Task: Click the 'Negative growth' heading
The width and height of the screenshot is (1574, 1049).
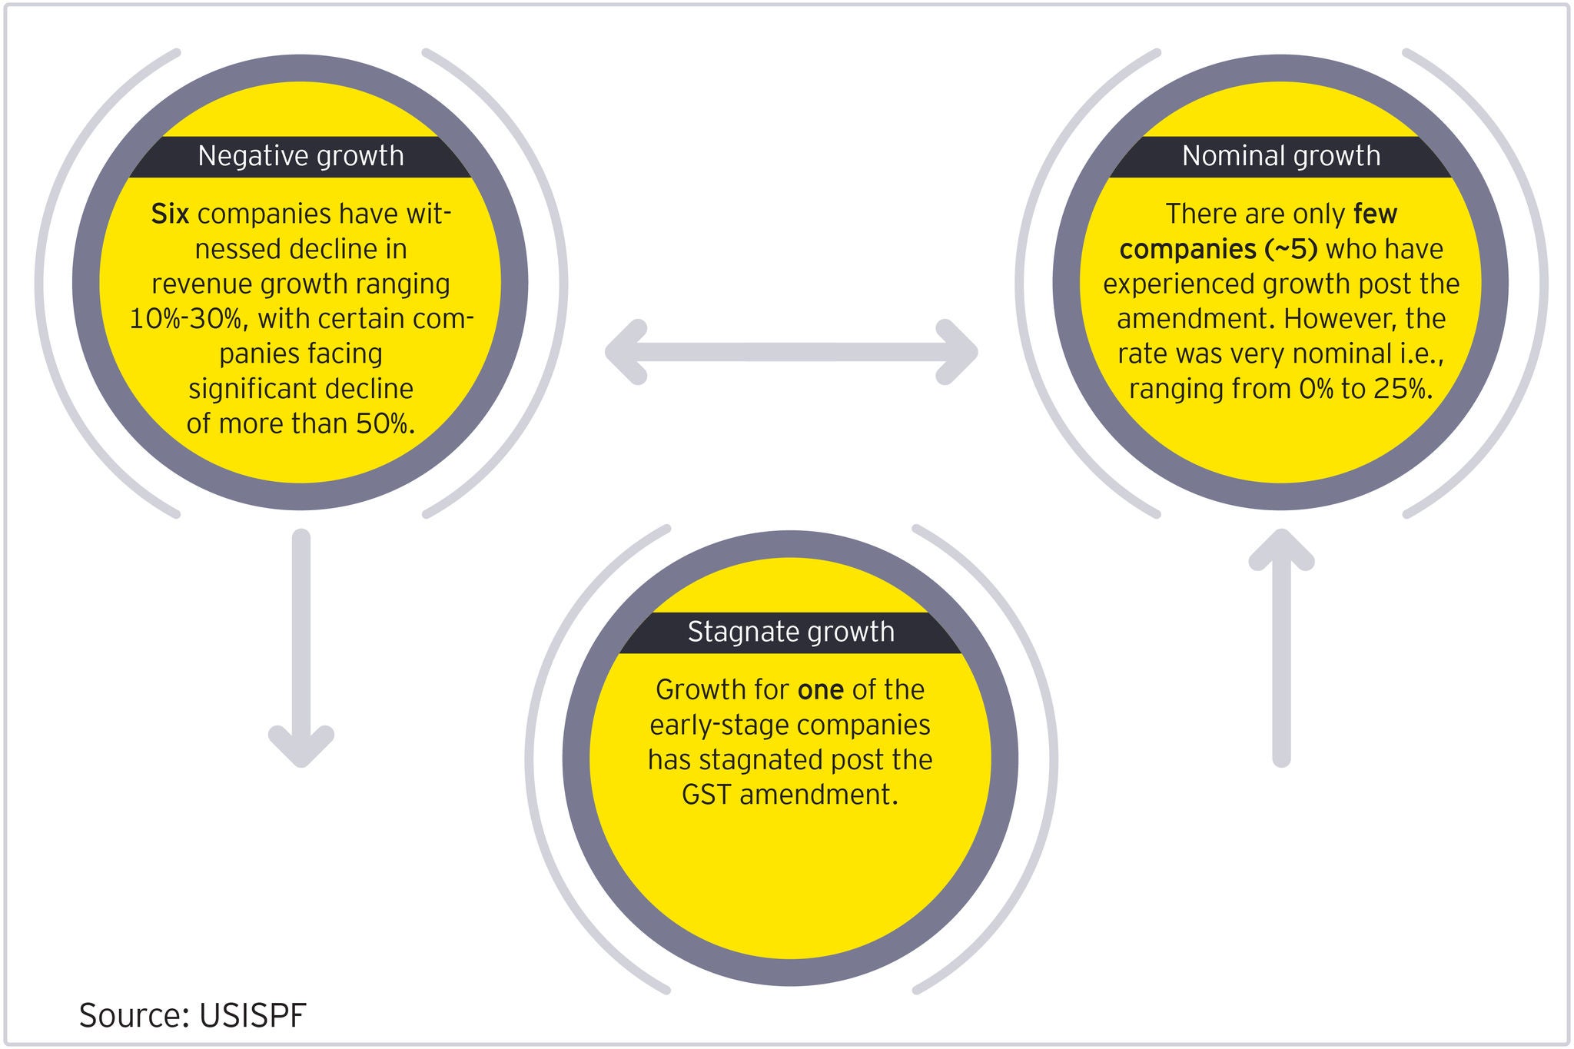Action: coord(301,156)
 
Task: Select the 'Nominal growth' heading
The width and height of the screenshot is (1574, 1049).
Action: coord(1280,156)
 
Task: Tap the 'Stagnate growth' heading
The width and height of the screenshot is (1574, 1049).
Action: coord(791,632)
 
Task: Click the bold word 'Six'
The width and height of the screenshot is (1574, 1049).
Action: coord(170,214)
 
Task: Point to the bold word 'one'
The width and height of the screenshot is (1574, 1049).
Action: coord(821,690)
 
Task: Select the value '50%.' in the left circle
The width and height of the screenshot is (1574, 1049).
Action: coord(385,423)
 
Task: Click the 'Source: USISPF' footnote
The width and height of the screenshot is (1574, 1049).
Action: coord(192,1015)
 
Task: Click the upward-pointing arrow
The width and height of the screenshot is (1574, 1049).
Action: coord(1281,646)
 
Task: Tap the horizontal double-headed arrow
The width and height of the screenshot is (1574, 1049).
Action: coord(791,353)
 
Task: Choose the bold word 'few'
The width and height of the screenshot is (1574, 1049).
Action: coord(1375,214)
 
